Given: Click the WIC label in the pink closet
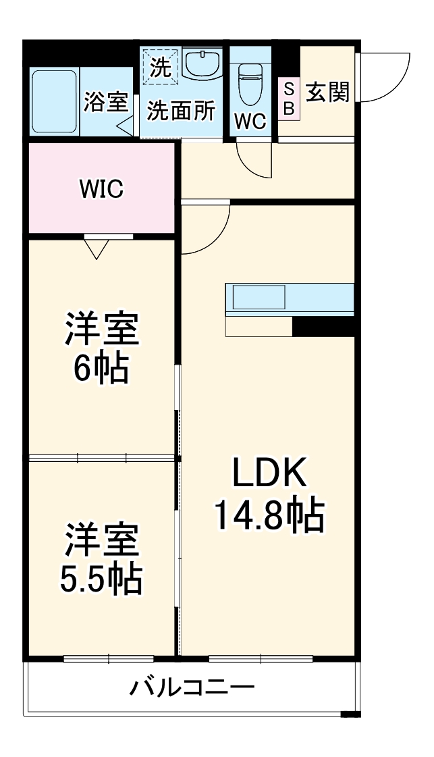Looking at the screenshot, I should click(101, 190).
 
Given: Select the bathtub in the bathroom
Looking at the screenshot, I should click(54, 101).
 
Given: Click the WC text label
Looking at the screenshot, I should click(250, 122).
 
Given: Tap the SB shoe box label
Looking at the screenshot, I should click(288, 99).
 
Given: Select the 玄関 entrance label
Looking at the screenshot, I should click(328, 93).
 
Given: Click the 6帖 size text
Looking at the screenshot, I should click(101, 368).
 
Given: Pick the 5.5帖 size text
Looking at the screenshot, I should click(101, 578).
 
